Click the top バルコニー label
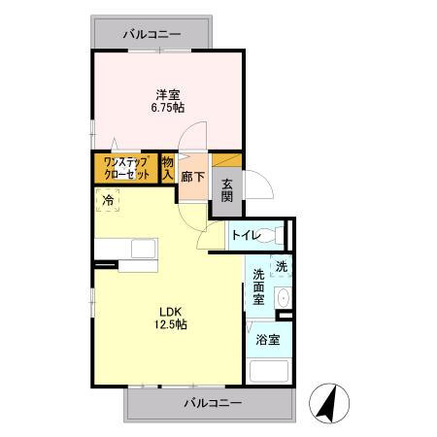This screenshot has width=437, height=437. click(x=151, y=34)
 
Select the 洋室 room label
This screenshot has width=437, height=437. click(x=168, y=94)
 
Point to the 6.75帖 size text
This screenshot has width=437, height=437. click(x=168, y=109)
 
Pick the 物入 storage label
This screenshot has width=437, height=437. click(x=168, y=168)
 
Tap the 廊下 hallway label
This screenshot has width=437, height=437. click(x=192, y=178)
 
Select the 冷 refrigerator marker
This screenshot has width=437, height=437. click(x=109, y=200)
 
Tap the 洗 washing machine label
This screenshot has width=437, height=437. click(x=281, y=266)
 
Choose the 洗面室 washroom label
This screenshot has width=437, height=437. click(x=257, y=286)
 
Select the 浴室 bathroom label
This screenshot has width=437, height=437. click(x=267, y=340)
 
